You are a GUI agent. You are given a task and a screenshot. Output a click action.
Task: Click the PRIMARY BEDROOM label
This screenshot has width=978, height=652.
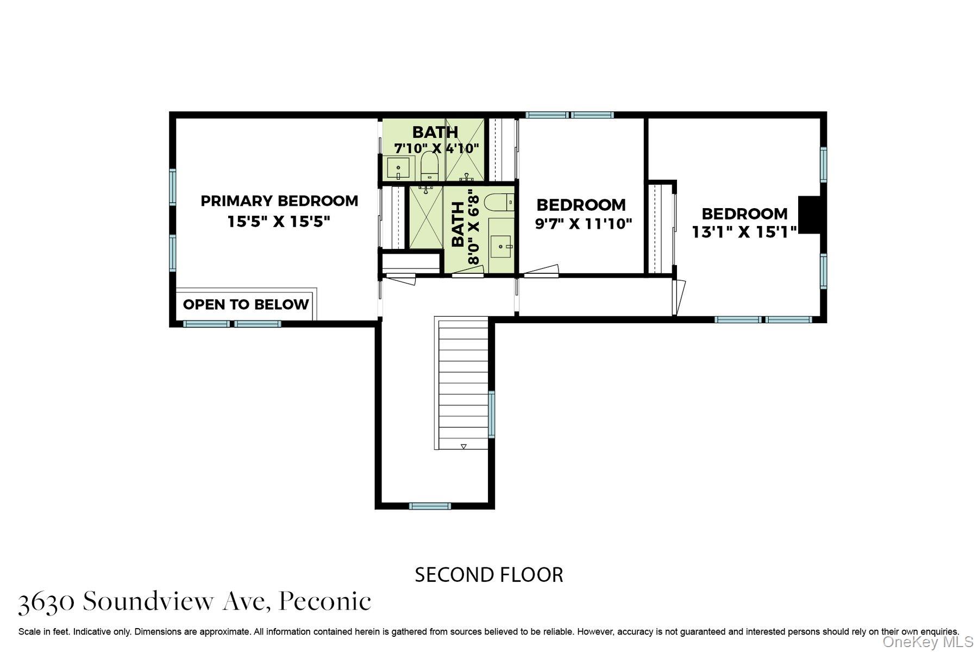(x=279, y=201)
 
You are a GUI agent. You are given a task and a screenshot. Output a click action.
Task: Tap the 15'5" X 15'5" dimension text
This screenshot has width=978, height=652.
(x=279, y=222)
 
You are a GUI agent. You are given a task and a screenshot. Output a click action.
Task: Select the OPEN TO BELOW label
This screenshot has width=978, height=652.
(x=246, y=304)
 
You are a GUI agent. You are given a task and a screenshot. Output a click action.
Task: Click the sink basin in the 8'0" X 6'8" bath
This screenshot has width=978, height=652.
(x=501, y=246)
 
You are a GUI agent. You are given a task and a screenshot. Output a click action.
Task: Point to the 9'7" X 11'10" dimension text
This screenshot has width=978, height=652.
(x=584, y=224)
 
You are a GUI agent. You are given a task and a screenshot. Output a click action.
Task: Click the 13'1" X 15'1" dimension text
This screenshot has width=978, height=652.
(x=744, y=232)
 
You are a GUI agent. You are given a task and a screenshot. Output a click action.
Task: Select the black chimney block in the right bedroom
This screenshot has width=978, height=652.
(x=809, y=215)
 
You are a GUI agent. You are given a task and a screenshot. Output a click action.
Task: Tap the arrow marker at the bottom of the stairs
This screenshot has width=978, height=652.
(x=463, y=446)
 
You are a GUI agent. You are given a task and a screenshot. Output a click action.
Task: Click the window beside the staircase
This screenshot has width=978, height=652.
(x=491, y=414)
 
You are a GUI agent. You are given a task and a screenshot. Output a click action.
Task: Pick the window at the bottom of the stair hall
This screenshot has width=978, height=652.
(x=430, y=506)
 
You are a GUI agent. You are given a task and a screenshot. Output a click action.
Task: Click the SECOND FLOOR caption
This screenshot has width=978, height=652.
(x=488, y=575)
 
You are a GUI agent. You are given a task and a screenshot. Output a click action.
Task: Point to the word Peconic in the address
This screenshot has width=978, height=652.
(x=325, y=601)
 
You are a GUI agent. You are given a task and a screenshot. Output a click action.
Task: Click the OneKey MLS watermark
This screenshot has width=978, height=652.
(x=927, y=642)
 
